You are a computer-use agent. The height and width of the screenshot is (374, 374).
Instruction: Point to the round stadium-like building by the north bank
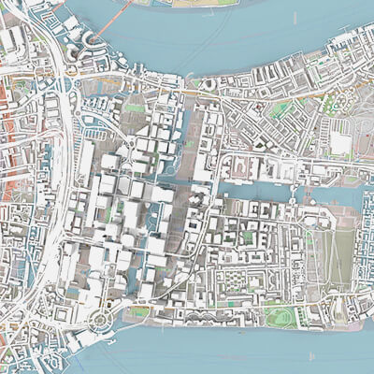pyautogui.click(x=208, y=84)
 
